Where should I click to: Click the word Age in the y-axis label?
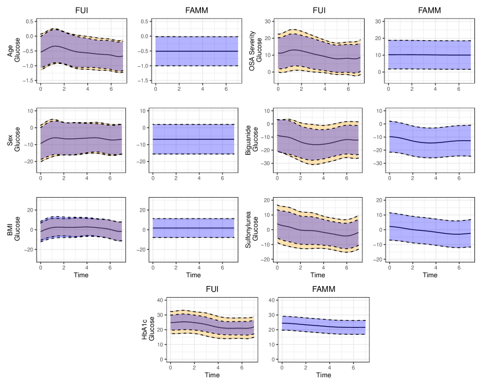tap(10, 51)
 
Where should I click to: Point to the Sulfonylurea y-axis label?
tap(248, 230)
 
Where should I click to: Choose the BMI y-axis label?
tap(10, 230)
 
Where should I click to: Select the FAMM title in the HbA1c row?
tap(323, 289)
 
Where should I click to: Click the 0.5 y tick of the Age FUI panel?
tap(28, 22)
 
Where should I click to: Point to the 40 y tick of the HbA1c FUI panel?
tap(159, 300)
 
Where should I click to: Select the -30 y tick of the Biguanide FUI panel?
tap(267, 163)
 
